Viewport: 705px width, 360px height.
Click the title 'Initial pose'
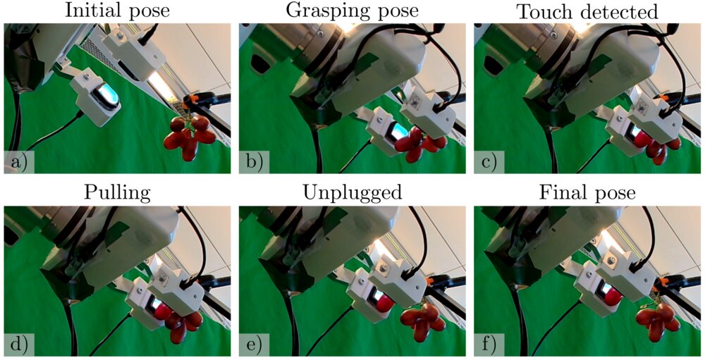117,11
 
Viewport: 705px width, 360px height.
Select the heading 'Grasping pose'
352,11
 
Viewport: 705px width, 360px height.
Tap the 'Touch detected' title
587,12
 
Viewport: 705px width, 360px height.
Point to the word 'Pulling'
117,193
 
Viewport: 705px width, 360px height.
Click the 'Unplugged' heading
352,193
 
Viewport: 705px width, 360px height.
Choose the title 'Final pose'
587,193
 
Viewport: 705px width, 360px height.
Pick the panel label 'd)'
19,345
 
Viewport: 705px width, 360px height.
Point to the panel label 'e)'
254,345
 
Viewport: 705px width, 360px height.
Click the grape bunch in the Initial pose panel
189,138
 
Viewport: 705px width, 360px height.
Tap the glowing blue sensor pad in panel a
106,95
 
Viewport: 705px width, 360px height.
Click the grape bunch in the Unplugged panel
422,321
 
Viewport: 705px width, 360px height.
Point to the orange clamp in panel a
195,99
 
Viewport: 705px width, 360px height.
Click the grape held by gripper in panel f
613,296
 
